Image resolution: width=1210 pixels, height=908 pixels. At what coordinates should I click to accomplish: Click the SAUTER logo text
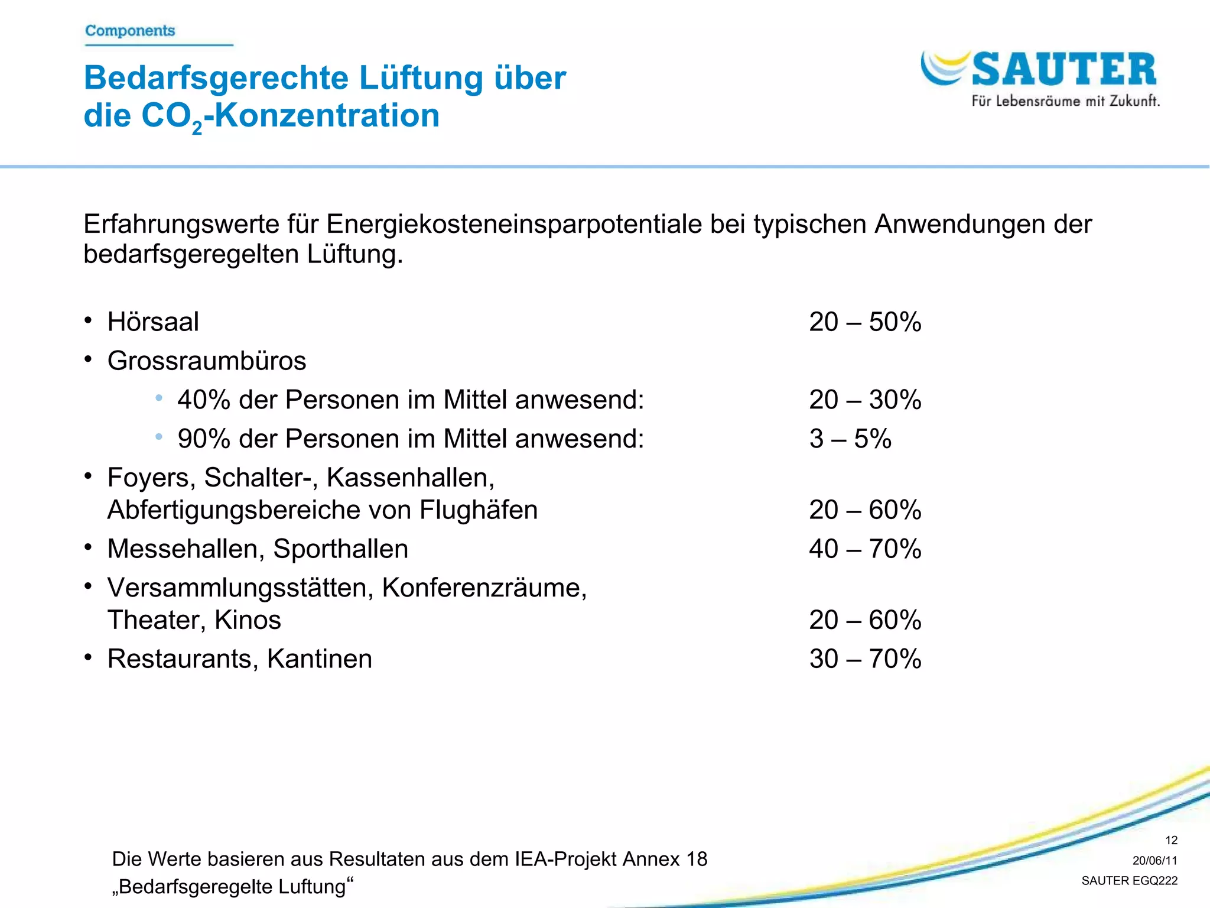tap(1063, 70)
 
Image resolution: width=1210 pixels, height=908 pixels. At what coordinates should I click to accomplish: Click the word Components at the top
tap(130, 31)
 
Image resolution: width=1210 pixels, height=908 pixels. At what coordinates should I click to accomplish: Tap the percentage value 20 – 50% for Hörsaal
tap(864, 322)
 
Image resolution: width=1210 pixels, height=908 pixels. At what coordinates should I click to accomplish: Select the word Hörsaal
tap(153, 322)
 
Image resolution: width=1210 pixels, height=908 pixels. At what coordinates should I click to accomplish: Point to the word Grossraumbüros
tap(207, 361)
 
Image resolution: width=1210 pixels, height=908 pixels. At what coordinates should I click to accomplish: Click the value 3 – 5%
tap(850, 439)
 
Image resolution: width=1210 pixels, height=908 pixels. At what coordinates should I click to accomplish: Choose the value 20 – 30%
tap(864, 400)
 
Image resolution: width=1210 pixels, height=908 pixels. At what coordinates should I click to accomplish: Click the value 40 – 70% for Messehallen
tap(864, 549)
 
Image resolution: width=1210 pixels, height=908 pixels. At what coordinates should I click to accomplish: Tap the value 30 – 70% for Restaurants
tap(864, 659)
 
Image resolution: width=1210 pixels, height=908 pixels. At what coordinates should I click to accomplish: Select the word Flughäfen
tap(479, 510)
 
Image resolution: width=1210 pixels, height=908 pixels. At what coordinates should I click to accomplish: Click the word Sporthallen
tap(340, 549)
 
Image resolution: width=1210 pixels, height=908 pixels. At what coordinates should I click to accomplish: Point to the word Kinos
tap(248, 620)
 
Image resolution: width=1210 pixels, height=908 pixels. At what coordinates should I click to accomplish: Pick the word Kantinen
tap(319, 659)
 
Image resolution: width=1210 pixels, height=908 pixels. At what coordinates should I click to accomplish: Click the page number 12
tap(1171, 840)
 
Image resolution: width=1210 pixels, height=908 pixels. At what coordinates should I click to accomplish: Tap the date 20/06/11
tap(1154, 861)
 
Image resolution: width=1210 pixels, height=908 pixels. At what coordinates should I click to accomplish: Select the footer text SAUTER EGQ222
tap(1129, 881)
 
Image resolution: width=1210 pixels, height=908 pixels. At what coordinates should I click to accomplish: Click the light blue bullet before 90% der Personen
tap(158, 437)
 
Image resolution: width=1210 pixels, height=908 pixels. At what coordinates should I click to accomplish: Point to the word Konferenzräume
tap(484, 588)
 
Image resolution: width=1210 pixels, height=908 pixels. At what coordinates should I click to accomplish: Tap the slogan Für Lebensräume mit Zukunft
tap(1065, 101)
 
